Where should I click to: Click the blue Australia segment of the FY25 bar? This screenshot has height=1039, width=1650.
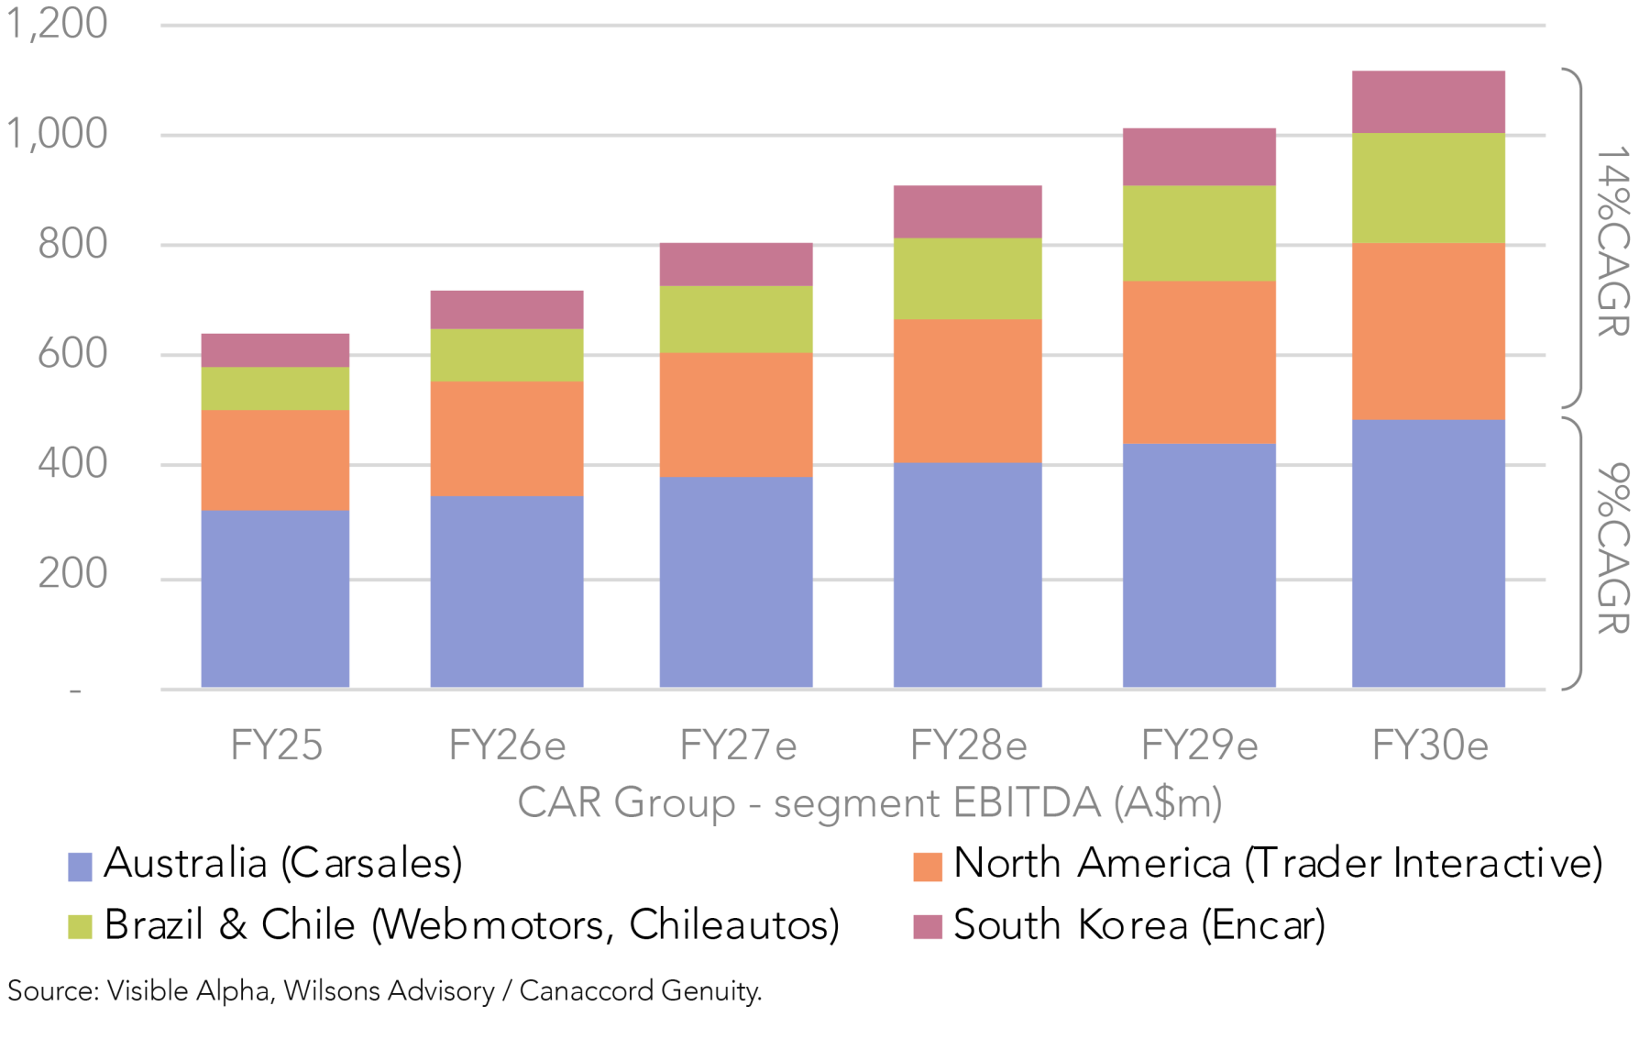[x=275, y=598]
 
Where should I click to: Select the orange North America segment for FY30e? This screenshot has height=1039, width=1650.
[x=1427, y=331]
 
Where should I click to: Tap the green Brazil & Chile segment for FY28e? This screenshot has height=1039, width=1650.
[x=967, y=279]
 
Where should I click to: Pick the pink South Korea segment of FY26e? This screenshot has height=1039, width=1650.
[x=506, y=310]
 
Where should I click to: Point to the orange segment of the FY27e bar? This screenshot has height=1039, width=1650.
[x=735, y=414]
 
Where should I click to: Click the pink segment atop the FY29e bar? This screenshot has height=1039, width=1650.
[x=1198, y=157]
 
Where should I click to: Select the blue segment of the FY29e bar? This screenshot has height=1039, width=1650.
[x=1198, y=565]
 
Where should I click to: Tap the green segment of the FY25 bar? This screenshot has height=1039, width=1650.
[x=275, y=389]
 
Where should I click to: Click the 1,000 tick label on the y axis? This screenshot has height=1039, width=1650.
[x=57, y=134]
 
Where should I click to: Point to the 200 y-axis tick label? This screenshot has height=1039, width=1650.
[x=72, y=574]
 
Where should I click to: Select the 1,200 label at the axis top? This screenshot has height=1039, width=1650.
[x=57, y=24]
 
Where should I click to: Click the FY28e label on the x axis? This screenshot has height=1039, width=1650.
[x=968, y=746]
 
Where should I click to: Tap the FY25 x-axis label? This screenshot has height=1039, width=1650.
[x=276, y=746]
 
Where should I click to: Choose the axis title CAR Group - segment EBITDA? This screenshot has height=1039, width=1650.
[x=869, y=803]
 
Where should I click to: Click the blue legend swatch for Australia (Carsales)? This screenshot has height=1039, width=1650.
[x=80, y=867]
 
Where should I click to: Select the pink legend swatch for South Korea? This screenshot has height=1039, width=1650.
[x=927, y=927]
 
